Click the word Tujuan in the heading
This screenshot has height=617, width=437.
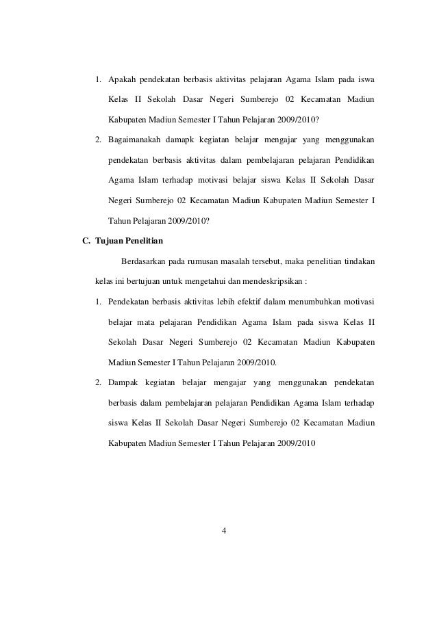coord(107,240)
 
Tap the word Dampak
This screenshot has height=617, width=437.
coord(123,381)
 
